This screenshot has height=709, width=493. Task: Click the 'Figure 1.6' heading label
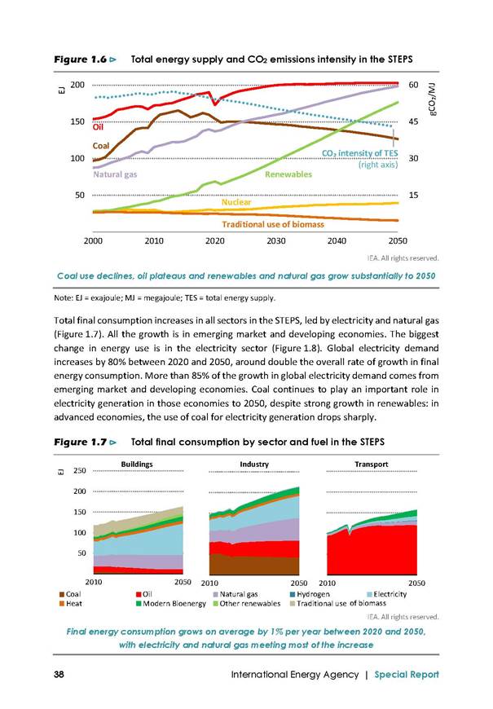(81, 59)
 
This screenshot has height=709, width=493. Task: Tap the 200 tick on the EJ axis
(77, 85)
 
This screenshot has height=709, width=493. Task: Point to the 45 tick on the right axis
(413, 121)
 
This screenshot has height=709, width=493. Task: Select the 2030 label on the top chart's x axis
(276, 241)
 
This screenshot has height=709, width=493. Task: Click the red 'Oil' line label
(98, 127)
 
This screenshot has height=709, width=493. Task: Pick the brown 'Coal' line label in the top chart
(101, 146)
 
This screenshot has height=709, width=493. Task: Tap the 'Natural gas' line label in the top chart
(115, 174)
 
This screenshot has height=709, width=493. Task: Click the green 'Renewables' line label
(288, 174)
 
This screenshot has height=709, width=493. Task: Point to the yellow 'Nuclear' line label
(236, 202)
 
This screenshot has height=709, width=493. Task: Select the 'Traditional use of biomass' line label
(273, 224)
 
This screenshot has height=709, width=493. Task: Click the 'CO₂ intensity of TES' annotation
(359, 153)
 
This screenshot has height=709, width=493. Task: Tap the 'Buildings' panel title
(137, 464)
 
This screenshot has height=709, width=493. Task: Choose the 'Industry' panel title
(254, 464)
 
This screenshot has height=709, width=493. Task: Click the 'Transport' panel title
(372, 464)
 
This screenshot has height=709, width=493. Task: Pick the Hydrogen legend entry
(310, 594)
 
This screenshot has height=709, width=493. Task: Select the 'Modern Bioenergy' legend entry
(171, 603)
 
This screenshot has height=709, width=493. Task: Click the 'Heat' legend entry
(71, 603)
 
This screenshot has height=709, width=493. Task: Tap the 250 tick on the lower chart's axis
(80, 470)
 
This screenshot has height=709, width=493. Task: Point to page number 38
(59, 674)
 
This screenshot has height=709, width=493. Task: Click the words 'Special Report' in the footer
(407, 674)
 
